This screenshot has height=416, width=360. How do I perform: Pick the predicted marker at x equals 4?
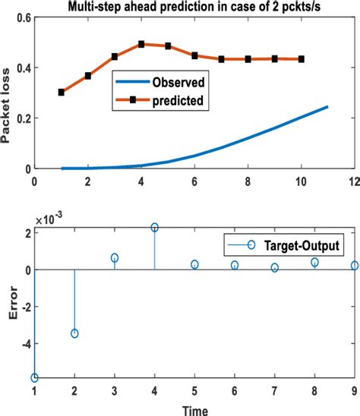click(x=141, y=44)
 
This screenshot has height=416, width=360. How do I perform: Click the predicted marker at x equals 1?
click(x=61, y=92)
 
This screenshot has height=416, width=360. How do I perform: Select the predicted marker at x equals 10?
click(x=302, y=58)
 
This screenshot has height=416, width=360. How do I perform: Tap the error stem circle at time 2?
click(x=74, y=333)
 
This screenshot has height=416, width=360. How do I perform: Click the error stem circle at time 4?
click(x=155, y=227)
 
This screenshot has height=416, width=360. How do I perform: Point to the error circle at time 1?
click(x=35, y=377)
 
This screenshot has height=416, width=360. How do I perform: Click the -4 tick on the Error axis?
click(x=23, y=343)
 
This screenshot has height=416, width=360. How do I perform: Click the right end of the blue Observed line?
click(x=327, y=106)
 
